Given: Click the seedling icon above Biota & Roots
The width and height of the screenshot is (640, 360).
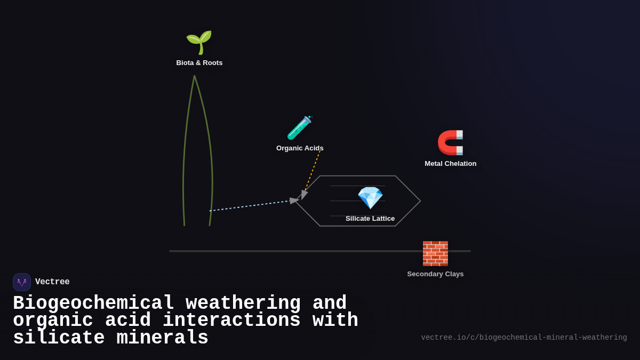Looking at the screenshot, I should [199, 42].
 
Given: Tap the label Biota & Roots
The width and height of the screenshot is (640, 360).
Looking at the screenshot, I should [199, 63].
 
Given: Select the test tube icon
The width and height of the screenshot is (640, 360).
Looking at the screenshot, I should [299, 128].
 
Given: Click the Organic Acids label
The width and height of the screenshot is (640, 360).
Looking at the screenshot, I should [300, 148].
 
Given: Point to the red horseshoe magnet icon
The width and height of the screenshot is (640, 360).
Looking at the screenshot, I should [451, 142].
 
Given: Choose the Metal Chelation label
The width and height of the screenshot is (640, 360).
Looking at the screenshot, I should [451, 164].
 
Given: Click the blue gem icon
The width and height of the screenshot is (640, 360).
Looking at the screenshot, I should [370, 198].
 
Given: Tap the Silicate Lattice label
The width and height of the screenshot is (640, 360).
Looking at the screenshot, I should [370, 219].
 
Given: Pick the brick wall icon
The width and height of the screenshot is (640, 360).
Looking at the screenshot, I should [435, 253].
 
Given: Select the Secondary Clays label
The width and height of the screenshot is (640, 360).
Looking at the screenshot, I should [435, 274].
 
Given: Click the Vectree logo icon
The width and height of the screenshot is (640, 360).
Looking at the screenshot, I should [22, 282].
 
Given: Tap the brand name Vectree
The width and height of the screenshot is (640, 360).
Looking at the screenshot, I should [52, 282].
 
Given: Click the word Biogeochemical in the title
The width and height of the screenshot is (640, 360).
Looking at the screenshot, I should [93, 303].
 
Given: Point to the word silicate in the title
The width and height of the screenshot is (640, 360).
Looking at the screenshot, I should [59, 338].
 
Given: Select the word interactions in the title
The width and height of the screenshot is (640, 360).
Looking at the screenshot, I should [231, 321].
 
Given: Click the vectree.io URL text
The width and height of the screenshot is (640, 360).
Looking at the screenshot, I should [524, 338].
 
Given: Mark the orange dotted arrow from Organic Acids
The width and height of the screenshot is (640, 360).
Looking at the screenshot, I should [312, 172].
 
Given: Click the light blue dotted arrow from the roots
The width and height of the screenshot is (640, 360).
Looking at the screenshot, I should [251, 205].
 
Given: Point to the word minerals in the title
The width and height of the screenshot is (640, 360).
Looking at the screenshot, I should [163, 338].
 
